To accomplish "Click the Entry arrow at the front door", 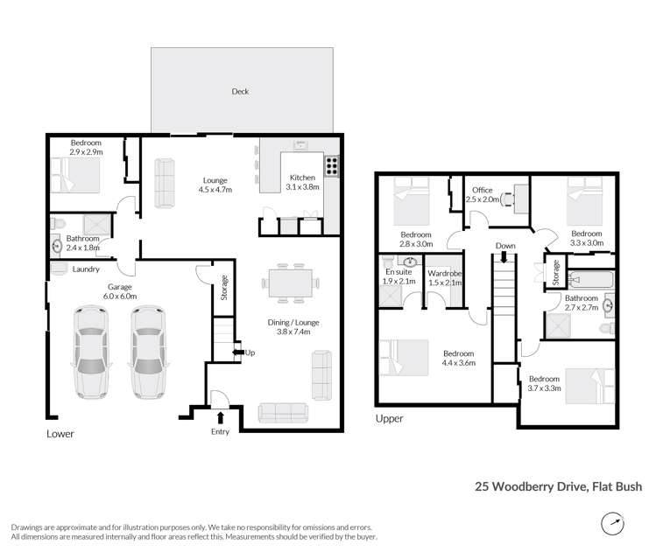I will [219, 418].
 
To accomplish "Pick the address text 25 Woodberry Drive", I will [559, 486].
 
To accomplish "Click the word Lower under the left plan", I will [60, 434].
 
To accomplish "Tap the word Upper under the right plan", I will [389, 419].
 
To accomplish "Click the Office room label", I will [483, 190].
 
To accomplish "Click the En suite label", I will [398, 272].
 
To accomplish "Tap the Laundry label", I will [86, 269].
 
